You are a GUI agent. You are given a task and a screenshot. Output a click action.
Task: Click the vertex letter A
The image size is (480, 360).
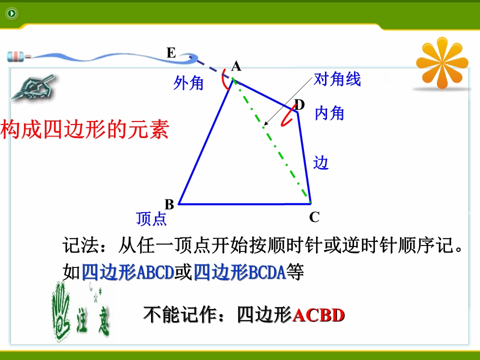236,66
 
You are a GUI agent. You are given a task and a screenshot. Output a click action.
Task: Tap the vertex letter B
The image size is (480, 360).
169,204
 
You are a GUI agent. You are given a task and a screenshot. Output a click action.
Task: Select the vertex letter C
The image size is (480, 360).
314,217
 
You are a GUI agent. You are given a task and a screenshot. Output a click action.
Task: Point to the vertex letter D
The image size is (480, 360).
299,105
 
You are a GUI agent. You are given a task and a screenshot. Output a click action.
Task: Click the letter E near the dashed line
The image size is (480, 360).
171,52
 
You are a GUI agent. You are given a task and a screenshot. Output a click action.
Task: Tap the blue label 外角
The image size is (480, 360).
188,82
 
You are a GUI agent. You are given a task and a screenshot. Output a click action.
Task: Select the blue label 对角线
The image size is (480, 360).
337,79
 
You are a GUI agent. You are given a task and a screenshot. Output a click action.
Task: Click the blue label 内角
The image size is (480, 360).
329,113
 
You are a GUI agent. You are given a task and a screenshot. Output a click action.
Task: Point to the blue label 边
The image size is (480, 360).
320,162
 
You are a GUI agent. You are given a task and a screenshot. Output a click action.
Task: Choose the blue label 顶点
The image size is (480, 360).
151,218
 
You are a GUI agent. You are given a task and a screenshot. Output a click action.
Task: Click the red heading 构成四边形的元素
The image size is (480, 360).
85,129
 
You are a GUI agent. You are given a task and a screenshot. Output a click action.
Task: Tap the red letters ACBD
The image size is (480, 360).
318,315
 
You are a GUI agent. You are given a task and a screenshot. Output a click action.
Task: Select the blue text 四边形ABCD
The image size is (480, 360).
128,272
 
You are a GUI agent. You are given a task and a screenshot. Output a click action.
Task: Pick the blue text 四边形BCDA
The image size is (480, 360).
240,272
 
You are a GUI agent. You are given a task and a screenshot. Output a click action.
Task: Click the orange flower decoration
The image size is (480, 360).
442,62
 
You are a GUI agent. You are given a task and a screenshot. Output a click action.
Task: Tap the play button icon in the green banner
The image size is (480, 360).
12,13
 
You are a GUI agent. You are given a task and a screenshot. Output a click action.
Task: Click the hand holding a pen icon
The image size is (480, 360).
33,87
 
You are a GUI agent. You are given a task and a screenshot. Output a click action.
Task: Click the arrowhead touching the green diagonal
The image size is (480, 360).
265,123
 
